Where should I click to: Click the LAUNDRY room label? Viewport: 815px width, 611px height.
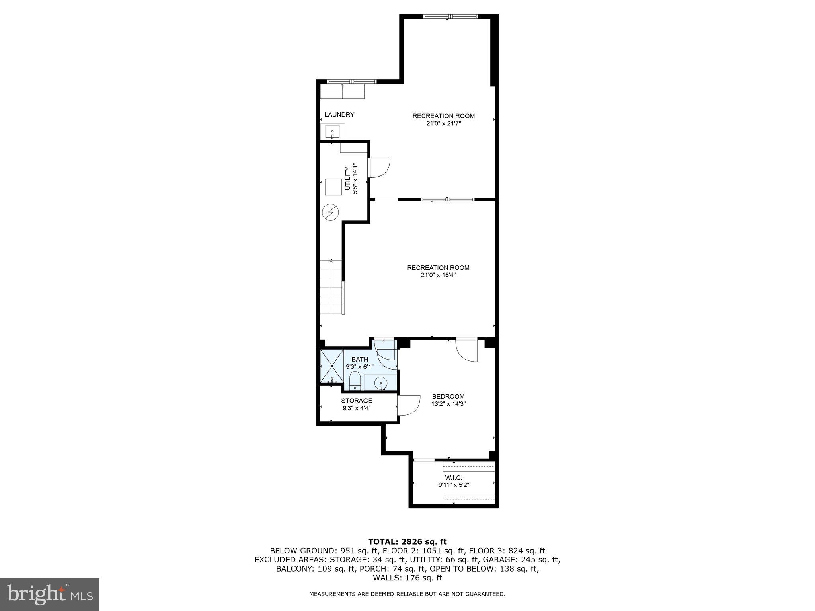339,115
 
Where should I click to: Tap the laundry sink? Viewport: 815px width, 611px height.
333,131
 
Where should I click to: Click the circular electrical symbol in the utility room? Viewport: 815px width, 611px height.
330,212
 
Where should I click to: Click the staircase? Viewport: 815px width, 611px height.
331,286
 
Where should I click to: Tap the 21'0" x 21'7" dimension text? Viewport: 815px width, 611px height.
443,123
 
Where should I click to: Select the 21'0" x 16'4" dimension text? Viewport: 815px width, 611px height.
438,275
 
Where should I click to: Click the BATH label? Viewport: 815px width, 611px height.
359,360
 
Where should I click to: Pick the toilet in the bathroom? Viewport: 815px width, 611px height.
355,381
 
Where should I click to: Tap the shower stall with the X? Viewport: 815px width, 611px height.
332,366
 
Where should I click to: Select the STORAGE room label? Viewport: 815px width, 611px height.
356,401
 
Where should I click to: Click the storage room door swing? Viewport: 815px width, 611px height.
409,405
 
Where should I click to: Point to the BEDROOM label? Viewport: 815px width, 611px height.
448,396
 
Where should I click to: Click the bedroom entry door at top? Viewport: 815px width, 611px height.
466,350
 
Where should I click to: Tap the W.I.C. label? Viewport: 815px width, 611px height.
454,477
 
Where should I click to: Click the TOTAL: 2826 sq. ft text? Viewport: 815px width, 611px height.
407,541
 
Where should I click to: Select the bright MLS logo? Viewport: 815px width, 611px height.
50,595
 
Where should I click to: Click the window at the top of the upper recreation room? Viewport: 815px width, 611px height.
450,17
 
